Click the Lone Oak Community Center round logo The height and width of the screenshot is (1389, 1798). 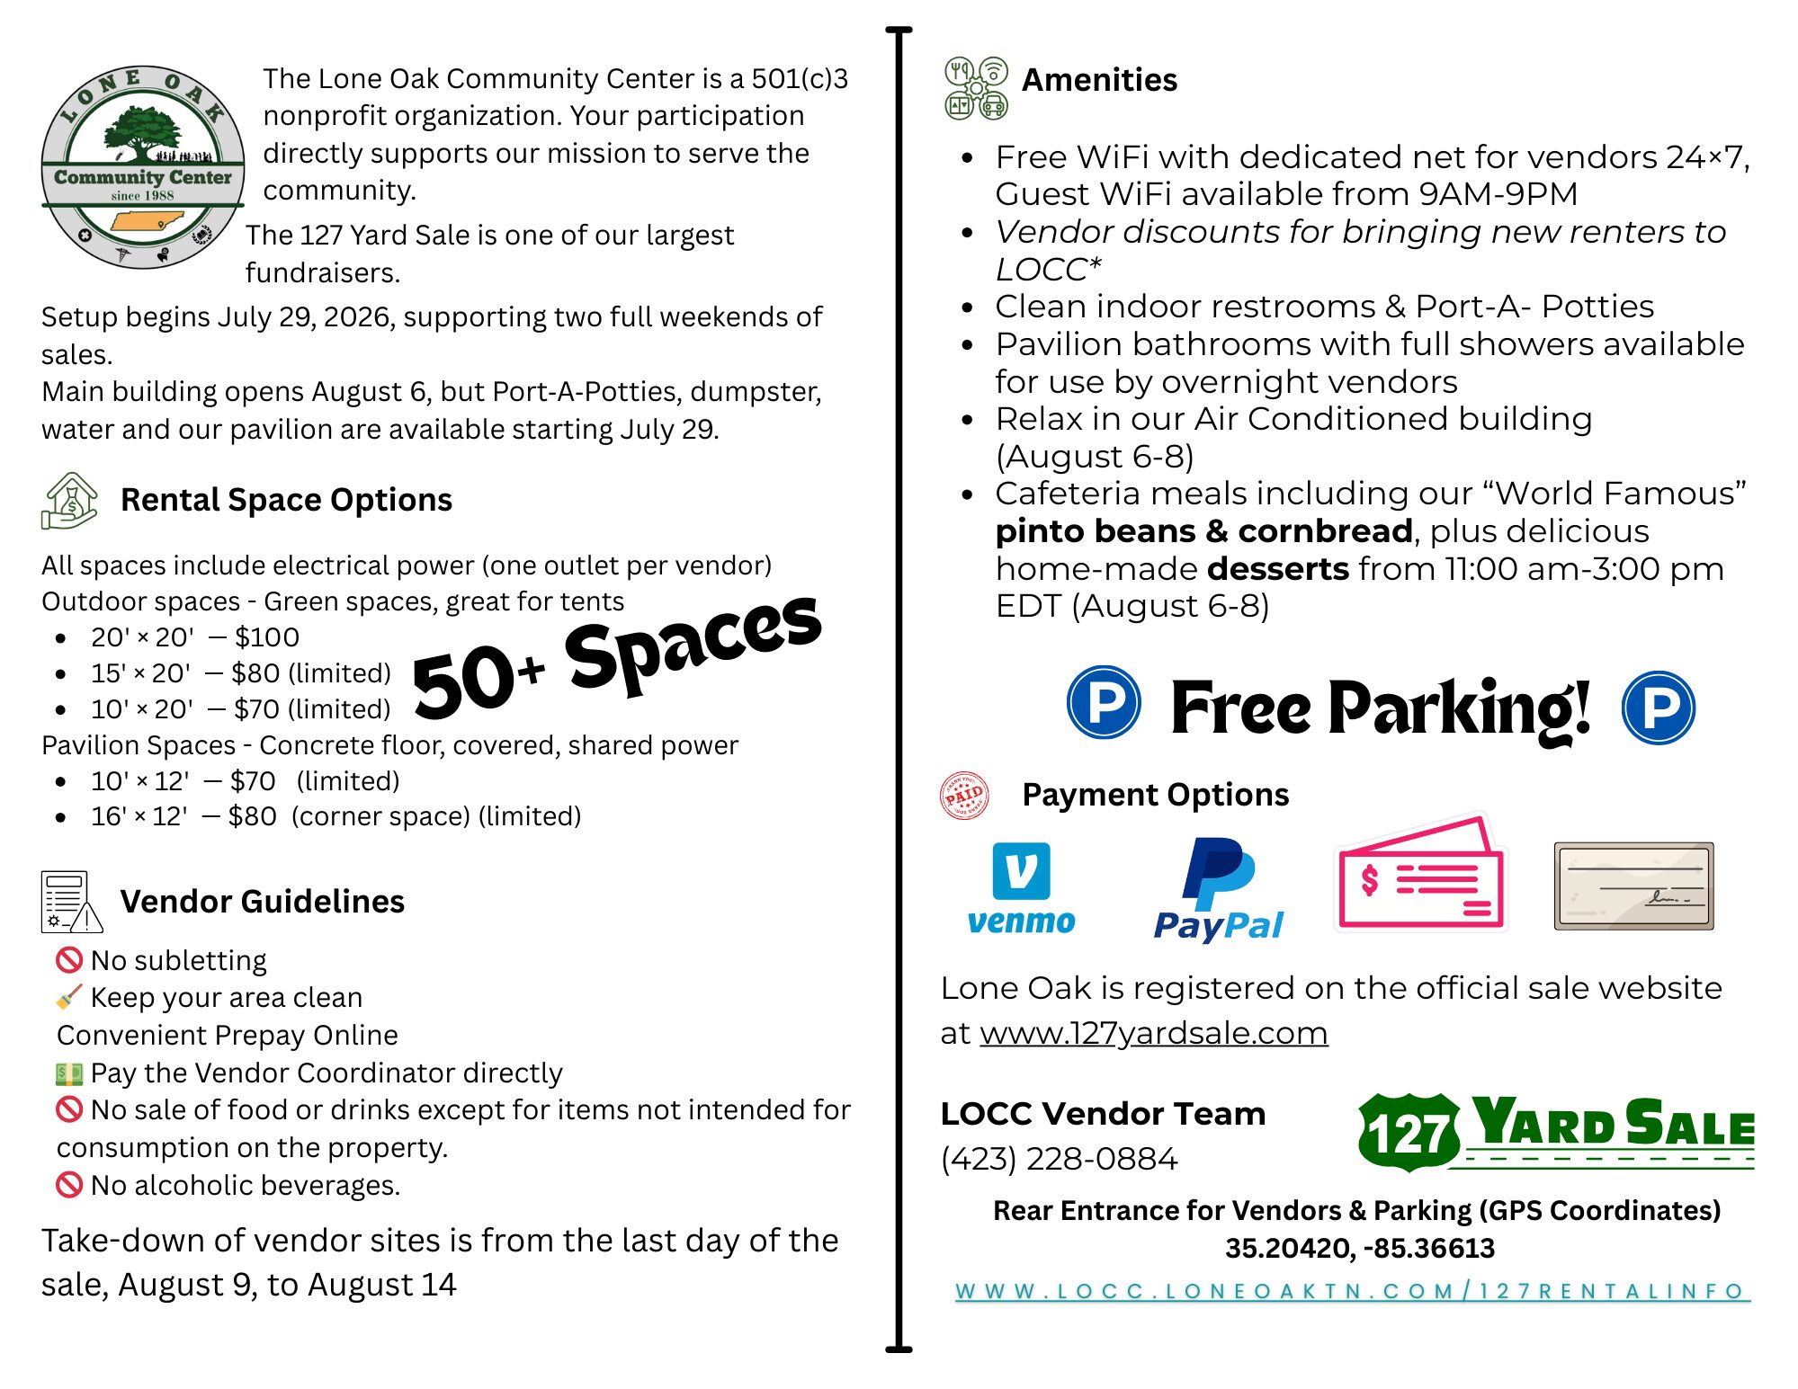click(142, 167)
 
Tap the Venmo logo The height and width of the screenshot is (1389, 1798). click(1021, 888)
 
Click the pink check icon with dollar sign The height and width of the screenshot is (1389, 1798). click(1420, 874)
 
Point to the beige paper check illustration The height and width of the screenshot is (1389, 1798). click(1633, 886)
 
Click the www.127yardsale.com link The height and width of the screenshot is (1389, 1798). click(1153, 1033)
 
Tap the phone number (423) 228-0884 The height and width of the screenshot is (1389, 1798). click(1059, 1159)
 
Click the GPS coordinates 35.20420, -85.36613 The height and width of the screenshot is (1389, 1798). click(1359, 1248)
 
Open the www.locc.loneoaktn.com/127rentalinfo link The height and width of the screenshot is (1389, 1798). click(1352, 1291)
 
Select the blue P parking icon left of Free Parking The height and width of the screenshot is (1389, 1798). click(1104, 702)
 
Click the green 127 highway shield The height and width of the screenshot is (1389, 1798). click(1409, 1132)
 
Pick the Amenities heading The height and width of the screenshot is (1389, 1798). click(1099, 80)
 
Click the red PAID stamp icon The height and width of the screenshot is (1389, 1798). click(963, 796)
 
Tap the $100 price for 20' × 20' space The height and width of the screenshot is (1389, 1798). click(267, 637)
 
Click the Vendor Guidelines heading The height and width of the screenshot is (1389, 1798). click(262, 902)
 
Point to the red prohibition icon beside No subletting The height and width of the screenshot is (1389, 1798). click(69, 960)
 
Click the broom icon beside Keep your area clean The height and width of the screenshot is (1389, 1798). click(69, 997)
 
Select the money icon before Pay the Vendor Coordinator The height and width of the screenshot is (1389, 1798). click(69, 1073)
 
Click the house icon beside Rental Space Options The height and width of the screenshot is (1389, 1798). click(69, 501)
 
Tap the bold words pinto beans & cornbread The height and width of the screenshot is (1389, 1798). click(1203, 531)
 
